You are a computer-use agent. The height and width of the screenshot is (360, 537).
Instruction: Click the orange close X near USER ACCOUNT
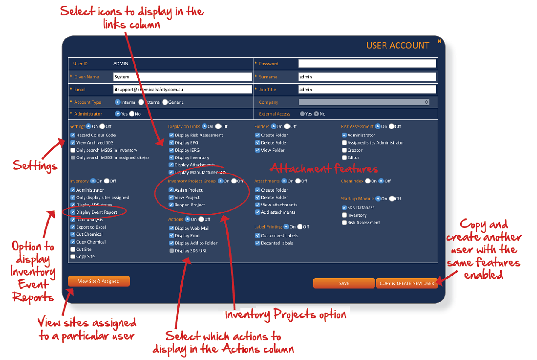[x=439, y=41]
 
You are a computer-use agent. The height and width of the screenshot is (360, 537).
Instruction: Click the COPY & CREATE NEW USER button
[x=406, y=283]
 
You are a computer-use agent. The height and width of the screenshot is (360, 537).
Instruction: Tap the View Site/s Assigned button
[x=99, y=281]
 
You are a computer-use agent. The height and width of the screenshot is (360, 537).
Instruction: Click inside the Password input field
[x=367, y=64]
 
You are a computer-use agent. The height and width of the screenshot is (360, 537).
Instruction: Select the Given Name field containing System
[x=183, y=77]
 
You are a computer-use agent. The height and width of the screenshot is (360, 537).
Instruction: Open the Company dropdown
[x=364, y=102]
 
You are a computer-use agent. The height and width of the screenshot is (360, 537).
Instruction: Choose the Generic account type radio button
[x=165, y=102]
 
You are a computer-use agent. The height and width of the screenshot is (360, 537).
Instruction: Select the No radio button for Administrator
[x=132, y=114]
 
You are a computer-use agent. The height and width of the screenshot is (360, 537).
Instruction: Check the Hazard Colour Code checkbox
[x=73, y=135]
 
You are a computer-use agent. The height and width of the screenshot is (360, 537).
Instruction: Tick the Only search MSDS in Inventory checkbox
[x=73, y=150]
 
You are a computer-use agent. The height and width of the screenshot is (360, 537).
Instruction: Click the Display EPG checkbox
[x=171, y=142]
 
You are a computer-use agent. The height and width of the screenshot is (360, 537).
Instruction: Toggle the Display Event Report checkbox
[x=73, y=212]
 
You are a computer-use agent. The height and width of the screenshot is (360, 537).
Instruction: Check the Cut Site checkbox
[x=73, y=249]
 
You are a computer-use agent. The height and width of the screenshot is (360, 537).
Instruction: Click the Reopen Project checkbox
[x=171, y=205]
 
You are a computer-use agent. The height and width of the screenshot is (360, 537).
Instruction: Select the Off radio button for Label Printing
[x=300, y=227]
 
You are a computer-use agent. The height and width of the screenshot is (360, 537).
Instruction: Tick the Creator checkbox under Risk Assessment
[x=344, y=150]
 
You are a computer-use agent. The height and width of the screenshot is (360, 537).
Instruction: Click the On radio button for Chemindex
[x=368, y=181]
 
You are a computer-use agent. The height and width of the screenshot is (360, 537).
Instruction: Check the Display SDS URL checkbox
[x=171, y=250]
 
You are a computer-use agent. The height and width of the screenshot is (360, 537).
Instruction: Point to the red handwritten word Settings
[x=35, y=166]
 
